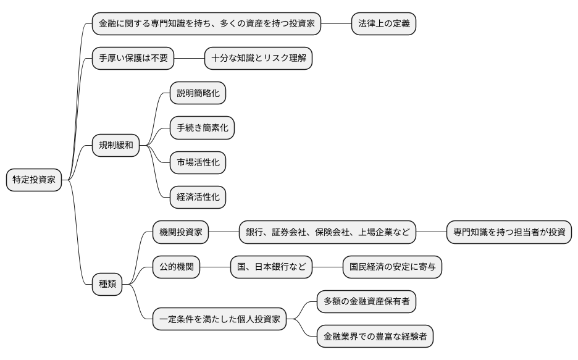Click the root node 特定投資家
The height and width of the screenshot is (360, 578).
pyautogui.click(x=34, y=180)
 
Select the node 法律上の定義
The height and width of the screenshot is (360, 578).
pyautogui.click(x=383, y=24)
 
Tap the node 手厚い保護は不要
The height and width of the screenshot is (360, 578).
pyautogui.click(x=133, y=59)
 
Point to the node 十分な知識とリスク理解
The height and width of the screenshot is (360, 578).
pyautogui.click(x=258, y=59)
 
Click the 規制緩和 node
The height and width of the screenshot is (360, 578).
pyautogui.click(x=115, y=145)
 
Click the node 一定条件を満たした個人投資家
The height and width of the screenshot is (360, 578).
pyautogui.click(x=219, y=319)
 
